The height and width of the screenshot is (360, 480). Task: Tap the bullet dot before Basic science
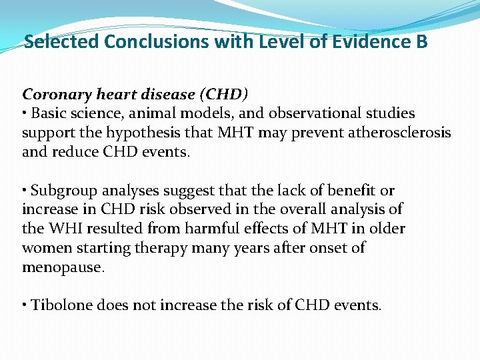tap(25, 113)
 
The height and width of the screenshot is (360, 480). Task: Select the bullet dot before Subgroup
tap(25, 191)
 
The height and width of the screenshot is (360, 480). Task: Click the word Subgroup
tap(62, 191)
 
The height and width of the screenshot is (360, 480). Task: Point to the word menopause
tap(63, 267)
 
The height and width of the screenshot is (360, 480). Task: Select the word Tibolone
tap(61, 305)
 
